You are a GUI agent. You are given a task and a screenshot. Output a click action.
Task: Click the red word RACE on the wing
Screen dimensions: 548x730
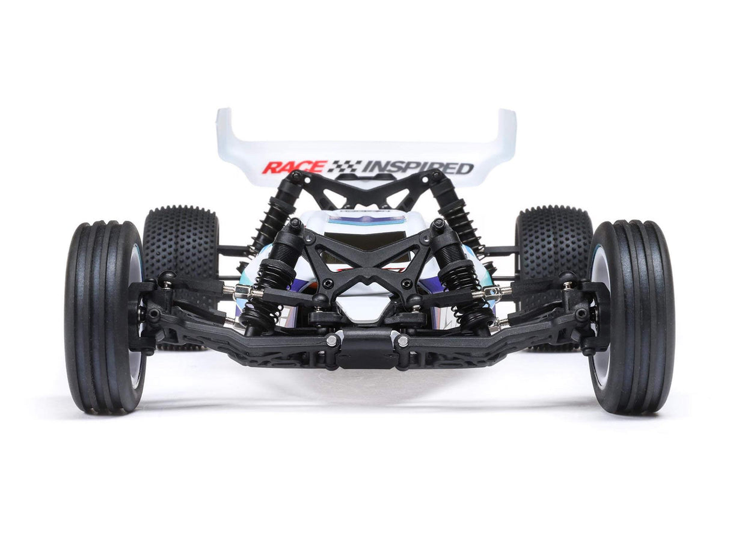point(294,167)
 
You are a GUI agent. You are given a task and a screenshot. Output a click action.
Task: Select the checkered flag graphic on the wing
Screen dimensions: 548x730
point(345,167)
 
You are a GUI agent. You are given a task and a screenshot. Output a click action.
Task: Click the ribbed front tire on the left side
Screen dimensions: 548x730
point(104,317)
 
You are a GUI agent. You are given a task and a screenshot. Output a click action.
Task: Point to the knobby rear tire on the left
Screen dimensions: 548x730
point(180,241)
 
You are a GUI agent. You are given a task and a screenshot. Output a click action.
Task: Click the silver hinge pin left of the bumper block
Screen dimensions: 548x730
point(331,340)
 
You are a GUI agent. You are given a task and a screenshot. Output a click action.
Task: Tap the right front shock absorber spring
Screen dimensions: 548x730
point(463,289)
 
